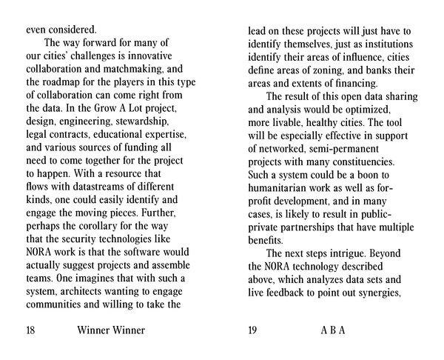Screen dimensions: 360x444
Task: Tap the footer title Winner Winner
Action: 110,330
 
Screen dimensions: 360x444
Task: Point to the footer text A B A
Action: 333,330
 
